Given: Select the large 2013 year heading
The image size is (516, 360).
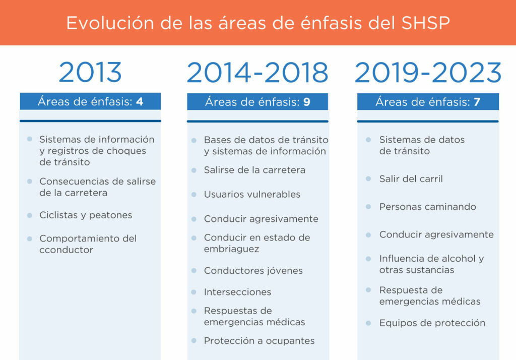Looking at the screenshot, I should click(90, 73).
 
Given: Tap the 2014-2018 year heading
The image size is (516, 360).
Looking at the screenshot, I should click(257, 73).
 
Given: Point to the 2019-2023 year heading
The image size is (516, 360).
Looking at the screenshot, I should click(428, 73).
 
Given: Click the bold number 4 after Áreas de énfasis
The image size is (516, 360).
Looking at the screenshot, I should click(140, 102).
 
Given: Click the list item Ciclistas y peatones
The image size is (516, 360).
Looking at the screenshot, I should click(86, 215).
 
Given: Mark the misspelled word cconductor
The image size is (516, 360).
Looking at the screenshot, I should click(66, 250).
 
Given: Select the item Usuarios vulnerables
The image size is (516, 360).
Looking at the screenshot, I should click(252, 195).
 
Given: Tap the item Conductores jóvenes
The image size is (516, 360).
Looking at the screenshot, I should click(253, 271).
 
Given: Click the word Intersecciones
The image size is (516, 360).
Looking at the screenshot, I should click(237, 292).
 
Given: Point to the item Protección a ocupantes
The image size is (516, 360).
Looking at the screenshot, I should click(259, 341).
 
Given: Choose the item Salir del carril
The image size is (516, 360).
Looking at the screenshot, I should click(411, 179).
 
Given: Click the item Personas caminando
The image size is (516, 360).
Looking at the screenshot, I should click(427, 207).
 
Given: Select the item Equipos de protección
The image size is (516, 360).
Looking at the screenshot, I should click(432, 323).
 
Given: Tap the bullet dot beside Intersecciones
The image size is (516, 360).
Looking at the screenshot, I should click(194, 292).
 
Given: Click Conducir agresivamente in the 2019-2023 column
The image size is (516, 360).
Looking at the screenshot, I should click(436, 235).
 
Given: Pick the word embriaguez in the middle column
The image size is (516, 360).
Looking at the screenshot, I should click(231, 249).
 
